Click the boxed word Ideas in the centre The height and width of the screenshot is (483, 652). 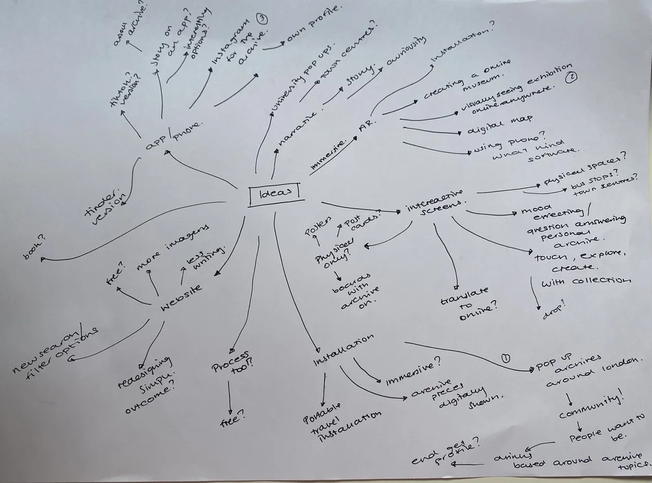(x=273, y=195)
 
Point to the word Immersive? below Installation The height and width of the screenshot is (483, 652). (x=412, y=371)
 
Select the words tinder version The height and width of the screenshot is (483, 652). (x=104, y=203)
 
